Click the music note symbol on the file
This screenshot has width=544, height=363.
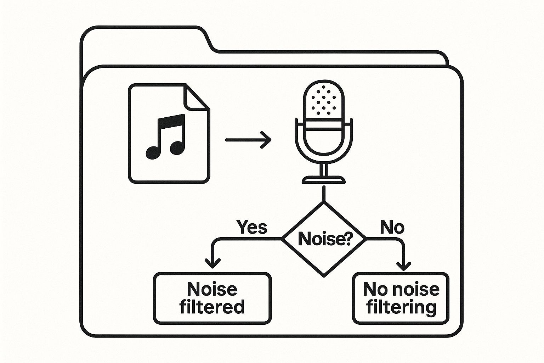pyautogui.click(x=166, y=136)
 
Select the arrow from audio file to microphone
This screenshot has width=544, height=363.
pyautogui.click(x=248, y=140)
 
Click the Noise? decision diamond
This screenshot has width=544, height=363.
pyautogui.click(x=323, y=239)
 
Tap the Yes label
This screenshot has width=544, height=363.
pyautogui.click(x=251, y=227)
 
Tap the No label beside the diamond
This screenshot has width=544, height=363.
pyautogui.click(x=392, y=227)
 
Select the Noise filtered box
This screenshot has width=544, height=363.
pyautogui.click(x=212, y=298)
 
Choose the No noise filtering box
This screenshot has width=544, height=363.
pyautogui.click(x=401, y=298)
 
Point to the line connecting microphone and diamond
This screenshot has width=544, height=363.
pyautogui.click(x=323, y=194)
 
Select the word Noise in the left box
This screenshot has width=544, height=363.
pyautogui.click(x=212, y=289)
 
